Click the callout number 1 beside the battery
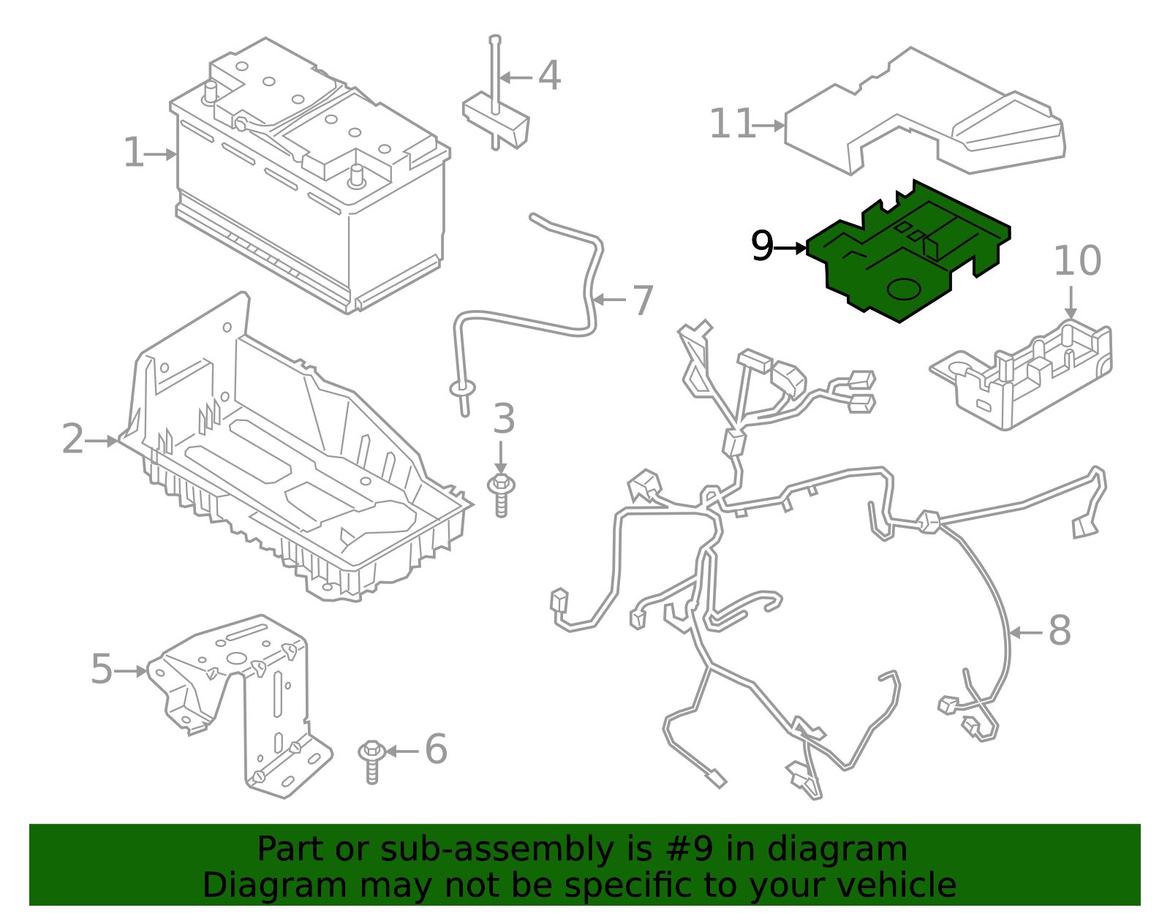(x=133, y=154)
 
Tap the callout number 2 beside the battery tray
(x=72, y=440)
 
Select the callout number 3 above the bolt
(x=504, y=420)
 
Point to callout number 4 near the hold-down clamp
(x=549, y=76)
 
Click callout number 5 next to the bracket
(x=102, y=670)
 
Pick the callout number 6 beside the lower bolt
(x=436, y=750)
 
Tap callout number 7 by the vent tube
(x=642, y=300)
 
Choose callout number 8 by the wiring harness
(x=1060, y=632)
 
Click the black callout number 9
(x=762, y=247)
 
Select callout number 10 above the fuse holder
(x=1077, y=262)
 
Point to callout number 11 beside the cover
(x=732, y=124)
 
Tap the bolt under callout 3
(x=501, y=494)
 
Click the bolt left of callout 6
(x=372, y=760)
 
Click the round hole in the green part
(x=903, y=289)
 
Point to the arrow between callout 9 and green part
(x=790, y=249)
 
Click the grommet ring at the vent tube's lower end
(x=462, y=387)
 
